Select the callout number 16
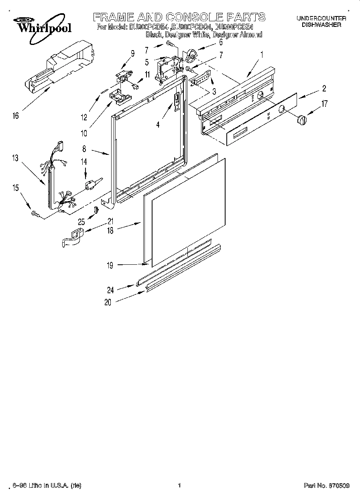(15, 116)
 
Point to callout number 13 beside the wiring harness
(15, 158)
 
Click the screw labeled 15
(35, 215)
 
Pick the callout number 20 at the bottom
(108, 303)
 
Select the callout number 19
(110, 265)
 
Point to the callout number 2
(323, 89)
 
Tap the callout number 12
(84, 117)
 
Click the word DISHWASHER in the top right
(321, 24)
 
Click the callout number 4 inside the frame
(158, 125)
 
